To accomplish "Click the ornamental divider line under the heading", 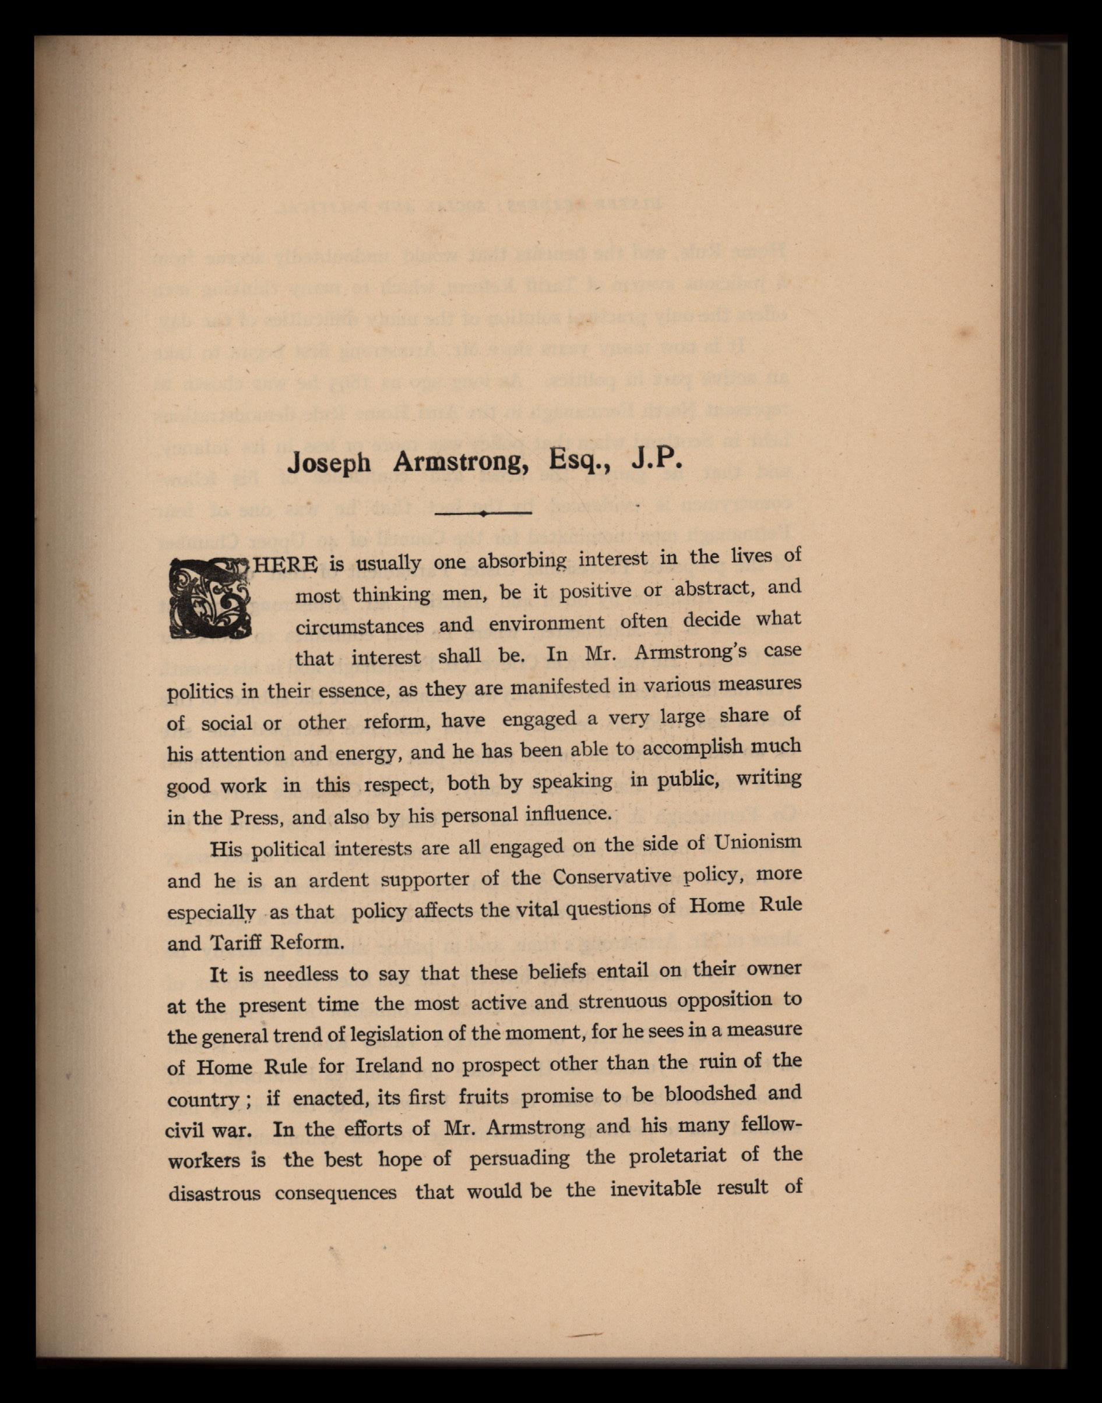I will click(483, 513).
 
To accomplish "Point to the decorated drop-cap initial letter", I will click(209, 596).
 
